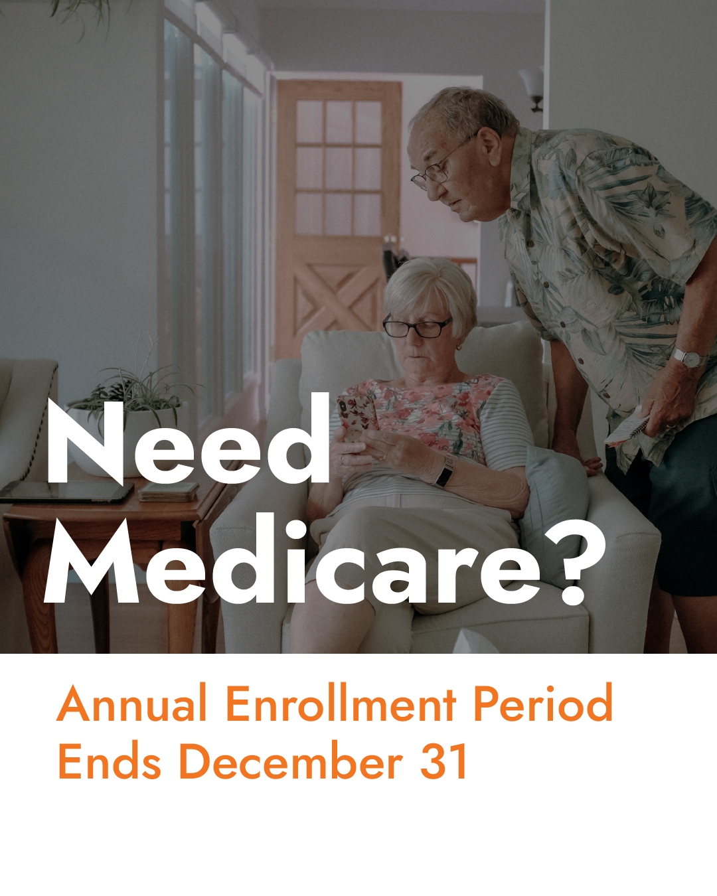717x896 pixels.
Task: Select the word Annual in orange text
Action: click(131, 703)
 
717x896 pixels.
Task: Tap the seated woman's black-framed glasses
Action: click(417, 327)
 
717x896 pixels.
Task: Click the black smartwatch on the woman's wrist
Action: click(445, 471)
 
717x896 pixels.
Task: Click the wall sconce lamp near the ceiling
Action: click(532, 88)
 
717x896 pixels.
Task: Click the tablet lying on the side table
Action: click(66, 492)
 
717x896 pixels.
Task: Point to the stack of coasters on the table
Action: click(168, 491)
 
